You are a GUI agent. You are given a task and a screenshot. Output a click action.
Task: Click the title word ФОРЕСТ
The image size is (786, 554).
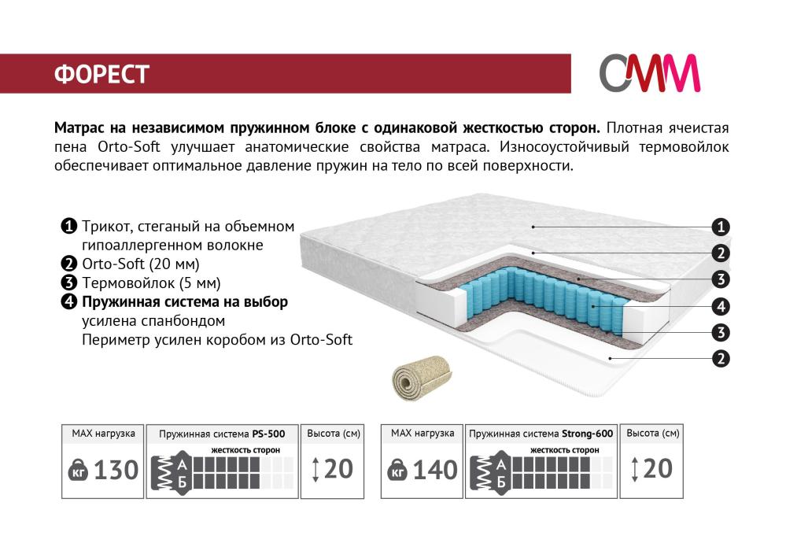click(101, 74)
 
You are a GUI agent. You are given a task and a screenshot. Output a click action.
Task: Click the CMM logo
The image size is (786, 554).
click(649, 73)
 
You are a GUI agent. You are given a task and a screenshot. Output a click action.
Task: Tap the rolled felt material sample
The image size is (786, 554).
click(422, 377)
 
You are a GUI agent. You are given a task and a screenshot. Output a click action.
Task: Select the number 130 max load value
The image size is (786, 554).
click(116, 471)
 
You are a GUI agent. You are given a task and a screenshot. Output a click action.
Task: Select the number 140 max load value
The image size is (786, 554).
click(434, 471)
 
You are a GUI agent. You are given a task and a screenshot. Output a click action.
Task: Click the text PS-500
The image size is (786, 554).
click(268, 434)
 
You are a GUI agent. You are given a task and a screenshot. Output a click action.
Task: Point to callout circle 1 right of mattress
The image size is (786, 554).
click(721, 227)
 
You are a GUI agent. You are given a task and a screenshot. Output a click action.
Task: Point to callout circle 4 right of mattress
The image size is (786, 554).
click(721, 306)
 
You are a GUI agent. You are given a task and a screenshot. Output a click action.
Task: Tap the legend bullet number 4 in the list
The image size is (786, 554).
click(68, 302)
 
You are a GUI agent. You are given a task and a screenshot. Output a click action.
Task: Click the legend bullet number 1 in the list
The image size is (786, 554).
click(68, 227)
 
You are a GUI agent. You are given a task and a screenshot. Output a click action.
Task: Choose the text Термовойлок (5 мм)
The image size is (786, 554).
click(151, 283)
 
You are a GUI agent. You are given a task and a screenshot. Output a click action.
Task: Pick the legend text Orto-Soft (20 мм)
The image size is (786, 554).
click(141, 264)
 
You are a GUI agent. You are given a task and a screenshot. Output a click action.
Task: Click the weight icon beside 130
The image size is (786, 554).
click(78, 470)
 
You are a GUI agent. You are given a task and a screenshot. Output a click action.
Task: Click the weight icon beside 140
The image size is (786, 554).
click(397, 470)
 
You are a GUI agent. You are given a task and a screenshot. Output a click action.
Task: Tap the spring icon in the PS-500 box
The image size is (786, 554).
click(162, 473)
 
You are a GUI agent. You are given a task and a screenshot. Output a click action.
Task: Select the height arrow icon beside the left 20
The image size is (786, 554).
click(316, 470)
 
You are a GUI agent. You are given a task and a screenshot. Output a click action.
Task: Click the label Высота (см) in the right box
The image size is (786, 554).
click(653, 433)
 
